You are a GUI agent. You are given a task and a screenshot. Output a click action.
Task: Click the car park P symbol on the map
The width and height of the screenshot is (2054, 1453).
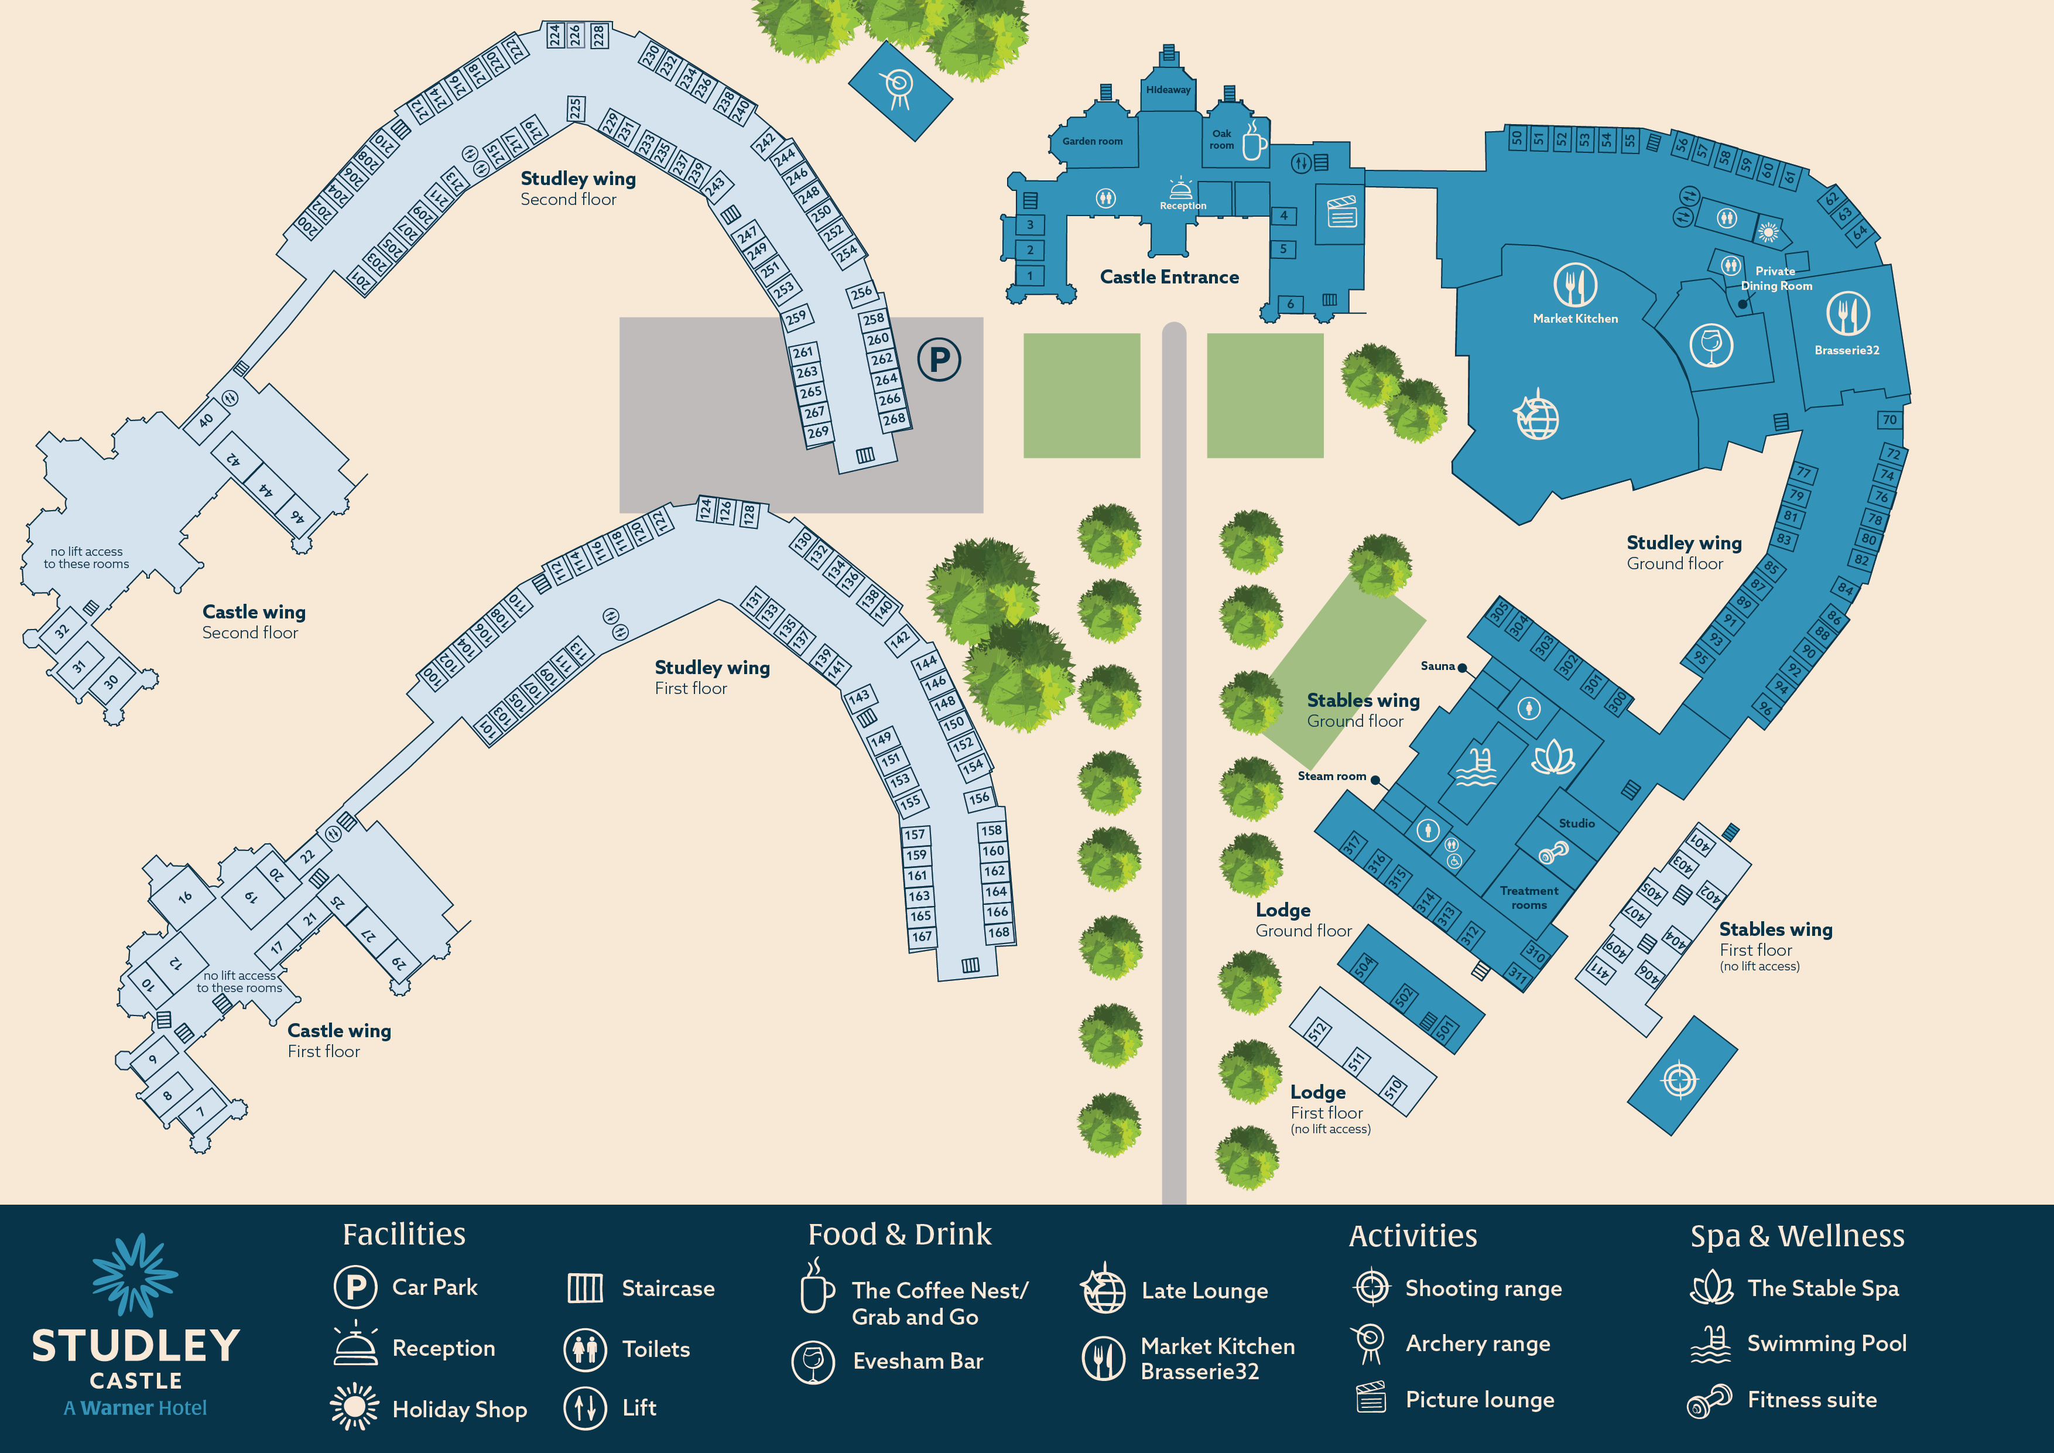939,360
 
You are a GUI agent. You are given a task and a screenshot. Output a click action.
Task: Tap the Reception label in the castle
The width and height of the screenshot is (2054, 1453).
1183,206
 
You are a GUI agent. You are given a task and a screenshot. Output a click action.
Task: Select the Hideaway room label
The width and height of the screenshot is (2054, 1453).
1168,90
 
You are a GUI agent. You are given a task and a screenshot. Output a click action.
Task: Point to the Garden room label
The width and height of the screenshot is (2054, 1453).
1093,141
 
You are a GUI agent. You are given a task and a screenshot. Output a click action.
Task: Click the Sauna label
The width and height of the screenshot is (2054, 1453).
1437,666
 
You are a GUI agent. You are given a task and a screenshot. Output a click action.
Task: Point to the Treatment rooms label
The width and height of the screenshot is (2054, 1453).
1529,897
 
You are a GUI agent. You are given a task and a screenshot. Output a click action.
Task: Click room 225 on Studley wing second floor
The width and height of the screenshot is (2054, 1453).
575,109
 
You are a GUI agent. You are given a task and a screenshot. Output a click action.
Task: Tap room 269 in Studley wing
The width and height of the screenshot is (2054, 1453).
817,433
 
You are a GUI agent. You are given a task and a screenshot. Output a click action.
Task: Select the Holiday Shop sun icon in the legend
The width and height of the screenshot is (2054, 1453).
354,1407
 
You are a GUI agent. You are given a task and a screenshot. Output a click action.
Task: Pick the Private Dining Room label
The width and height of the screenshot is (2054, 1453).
1776,278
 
